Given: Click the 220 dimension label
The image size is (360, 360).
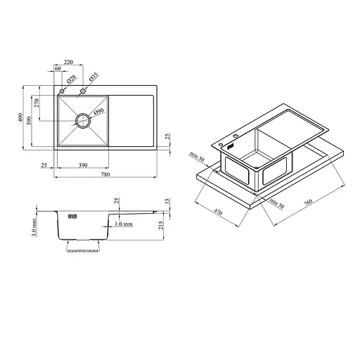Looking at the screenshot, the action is click(68, 62).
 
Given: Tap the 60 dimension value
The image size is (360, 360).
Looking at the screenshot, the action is click(58, 68).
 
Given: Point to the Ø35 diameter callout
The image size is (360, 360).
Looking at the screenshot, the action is click(94, 77).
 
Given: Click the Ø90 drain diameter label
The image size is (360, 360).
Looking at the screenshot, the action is click(98, 112).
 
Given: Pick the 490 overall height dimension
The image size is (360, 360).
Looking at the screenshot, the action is click(20, 117).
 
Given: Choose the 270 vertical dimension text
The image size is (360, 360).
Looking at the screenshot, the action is click(37, 103).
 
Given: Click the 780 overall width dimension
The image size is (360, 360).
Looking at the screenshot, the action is click(105, 174).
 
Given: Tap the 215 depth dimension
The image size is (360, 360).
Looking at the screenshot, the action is click(161, 226).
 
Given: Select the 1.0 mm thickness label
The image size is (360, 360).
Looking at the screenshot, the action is click(124, 224).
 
